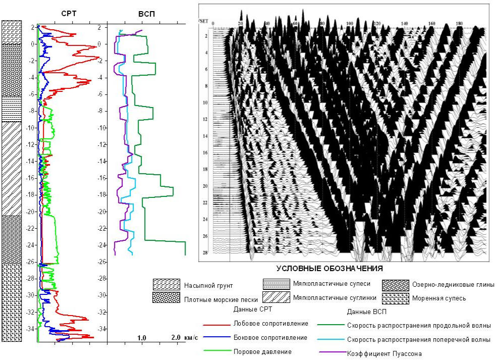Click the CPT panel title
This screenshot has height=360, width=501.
point(69,14)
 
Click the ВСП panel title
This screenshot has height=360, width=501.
point(146,14)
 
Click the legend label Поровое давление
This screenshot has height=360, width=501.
point(262,351)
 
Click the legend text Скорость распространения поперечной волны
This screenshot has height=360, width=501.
point(419,340)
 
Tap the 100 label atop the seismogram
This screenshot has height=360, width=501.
point(350,24)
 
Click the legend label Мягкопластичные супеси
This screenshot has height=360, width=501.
point(331,284)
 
